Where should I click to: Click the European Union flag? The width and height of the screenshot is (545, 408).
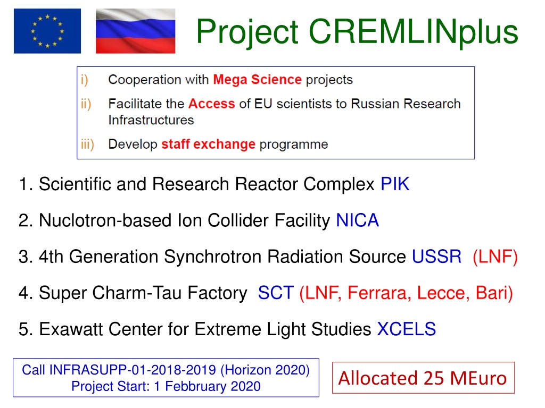coord(47,31)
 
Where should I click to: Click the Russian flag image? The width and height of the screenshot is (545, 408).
coord(136,31)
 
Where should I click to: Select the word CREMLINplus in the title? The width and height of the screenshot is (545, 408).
coord(413,32)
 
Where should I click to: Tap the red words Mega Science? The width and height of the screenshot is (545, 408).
coord(257,80)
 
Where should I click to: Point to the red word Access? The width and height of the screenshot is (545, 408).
coord(212,104)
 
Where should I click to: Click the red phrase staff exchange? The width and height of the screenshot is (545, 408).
coord(208,144)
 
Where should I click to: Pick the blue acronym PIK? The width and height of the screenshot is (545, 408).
coord(395,184)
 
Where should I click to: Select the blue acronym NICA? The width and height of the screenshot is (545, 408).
coord(357,220)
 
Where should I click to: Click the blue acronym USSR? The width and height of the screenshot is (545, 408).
coord(436,257)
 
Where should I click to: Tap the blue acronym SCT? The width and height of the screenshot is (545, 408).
coord(276,293)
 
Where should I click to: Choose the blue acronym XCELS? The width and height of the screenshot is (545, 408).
coord(406,329)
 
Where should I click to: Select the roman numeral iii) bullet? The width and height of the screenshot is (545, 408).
coord(87,144)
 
